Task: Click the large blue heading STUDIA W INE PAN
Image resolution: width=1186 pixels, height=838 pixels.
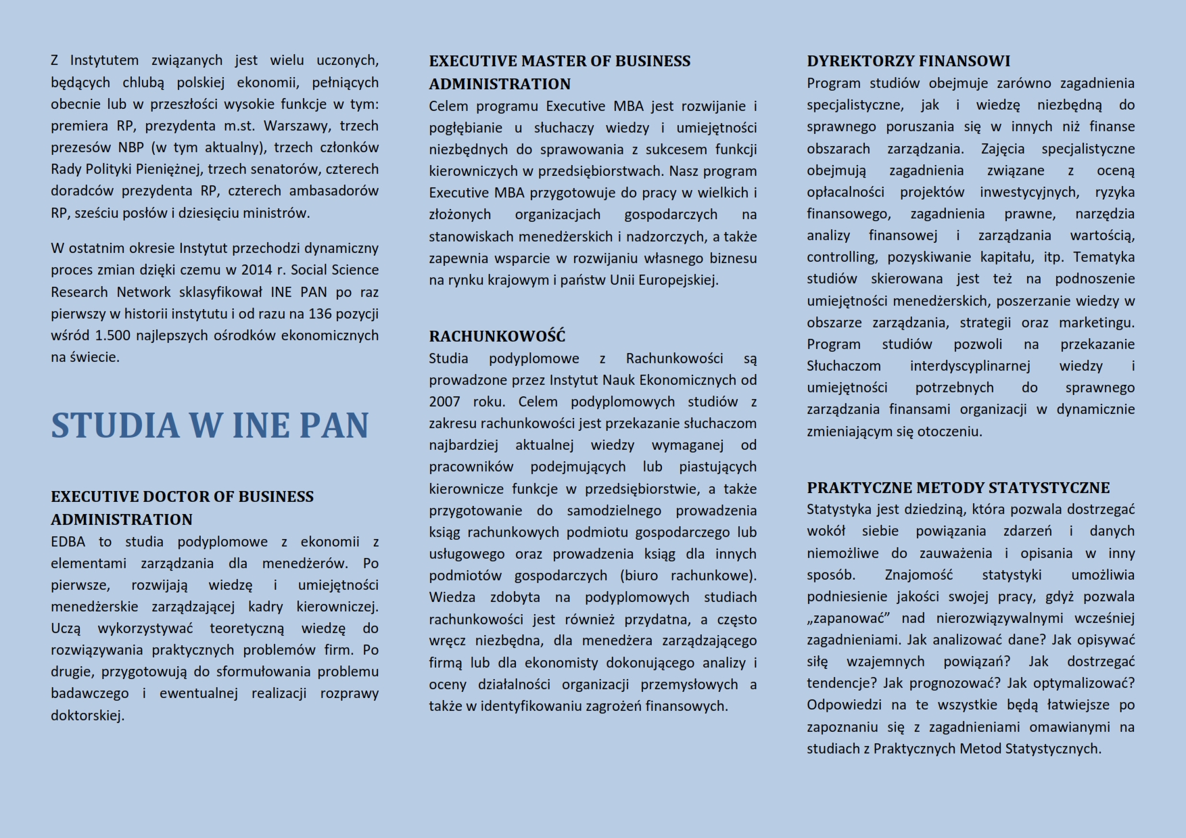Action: (210, 425)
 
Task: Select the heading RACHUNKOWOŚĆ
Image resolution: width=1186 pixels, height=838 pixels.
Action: (497, 336)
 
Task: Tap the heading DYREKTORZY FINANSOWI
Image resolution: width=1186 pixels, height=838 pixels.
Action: (908, 61)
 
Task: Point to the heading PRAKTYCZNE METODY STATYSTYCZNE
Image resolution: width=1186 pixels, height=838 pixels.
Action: (958, 488)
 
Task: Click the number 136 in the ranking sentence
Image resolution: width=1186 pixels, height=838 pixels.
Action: (321, 314)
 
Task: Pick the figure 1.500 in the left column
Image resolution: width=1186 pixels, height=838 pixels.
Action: (113, 335)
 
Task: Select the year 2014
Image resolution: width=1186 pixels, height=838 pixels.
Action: (256, 270)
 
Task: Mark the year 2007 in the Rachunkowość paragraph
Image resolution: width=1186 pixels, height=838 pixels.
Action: (444, 402)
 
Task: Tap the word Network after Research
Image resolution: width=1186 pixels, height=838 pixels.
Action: (144, 292)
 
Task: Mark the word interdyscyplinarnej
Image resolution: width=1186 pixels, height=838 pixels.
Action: (970, 366)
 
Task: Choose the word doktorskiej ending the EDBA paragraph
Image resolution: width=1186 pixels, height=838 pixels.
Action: (87, 716)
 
